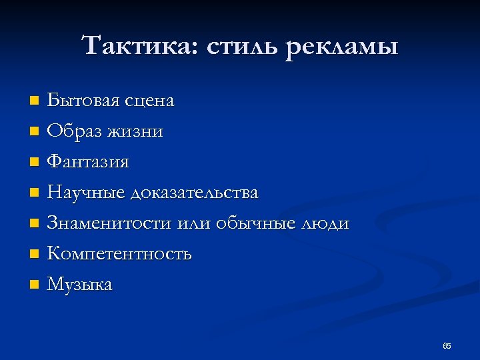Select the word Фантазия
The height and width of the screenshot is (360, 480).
[88, 162]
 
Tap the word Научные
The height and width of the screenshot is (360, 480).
[86, 193]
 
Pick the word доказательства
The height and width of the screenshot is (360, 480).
[195, 193]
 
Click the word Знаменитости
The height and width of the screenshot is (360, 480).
[110, 223]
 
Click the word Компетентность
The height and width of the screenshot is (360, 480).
[119, 254]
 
